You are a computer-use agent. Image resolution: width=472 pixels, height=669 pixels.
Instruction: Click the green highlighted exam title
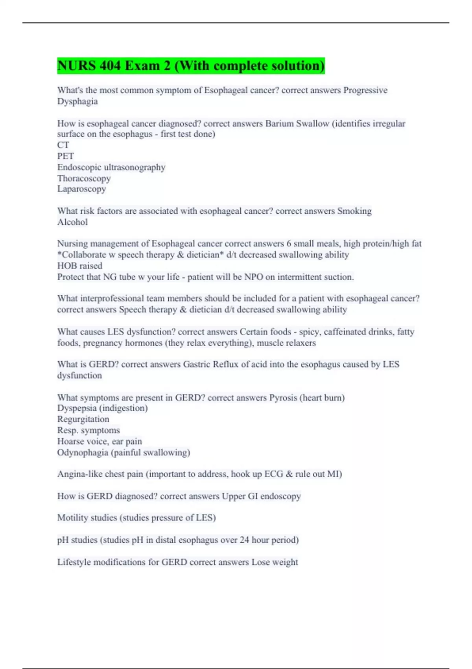[x=191, y=65]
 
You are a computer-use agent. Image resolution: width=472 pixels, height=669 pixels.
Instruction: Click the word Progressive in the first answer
[x=365, y=90]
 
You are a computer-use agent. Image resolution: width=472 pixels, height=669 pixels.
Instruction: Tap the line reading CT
[x=63, y=145]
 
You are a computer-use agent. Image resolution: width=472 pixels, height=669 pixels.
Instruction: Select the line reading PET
[x=65, y=156]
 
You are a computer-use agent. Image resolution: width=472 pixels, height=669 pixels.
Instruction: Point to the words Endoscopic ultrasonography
[x=111, y=167]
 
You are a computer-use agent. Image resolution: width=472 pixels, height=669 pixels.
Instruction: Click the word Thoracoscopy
[x=84, y=178]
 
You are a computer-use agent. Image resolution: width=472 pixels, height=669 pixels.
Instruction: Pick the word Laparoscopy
[x=81, y=189]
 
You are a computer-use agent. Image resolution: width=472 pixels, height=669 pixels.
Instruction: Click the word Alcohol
[x=72, y=222]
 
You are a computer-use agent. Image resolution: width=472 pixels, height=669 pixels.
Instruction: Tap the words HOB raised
[x=79, y=266]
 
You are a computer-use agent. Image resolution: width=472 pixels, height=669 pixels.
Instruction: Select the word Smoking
[x=354, y=211]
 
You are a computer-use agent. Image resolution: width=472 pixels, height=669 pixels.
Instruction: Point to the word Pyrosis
[x=283, y=397]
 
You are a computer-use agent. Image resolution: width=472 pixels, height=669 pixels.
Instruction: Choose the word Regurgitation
[x=83, y=419]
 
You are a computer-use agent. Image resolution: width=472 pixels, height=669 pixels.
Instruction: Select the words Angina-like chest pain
[x=100, y=474]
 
